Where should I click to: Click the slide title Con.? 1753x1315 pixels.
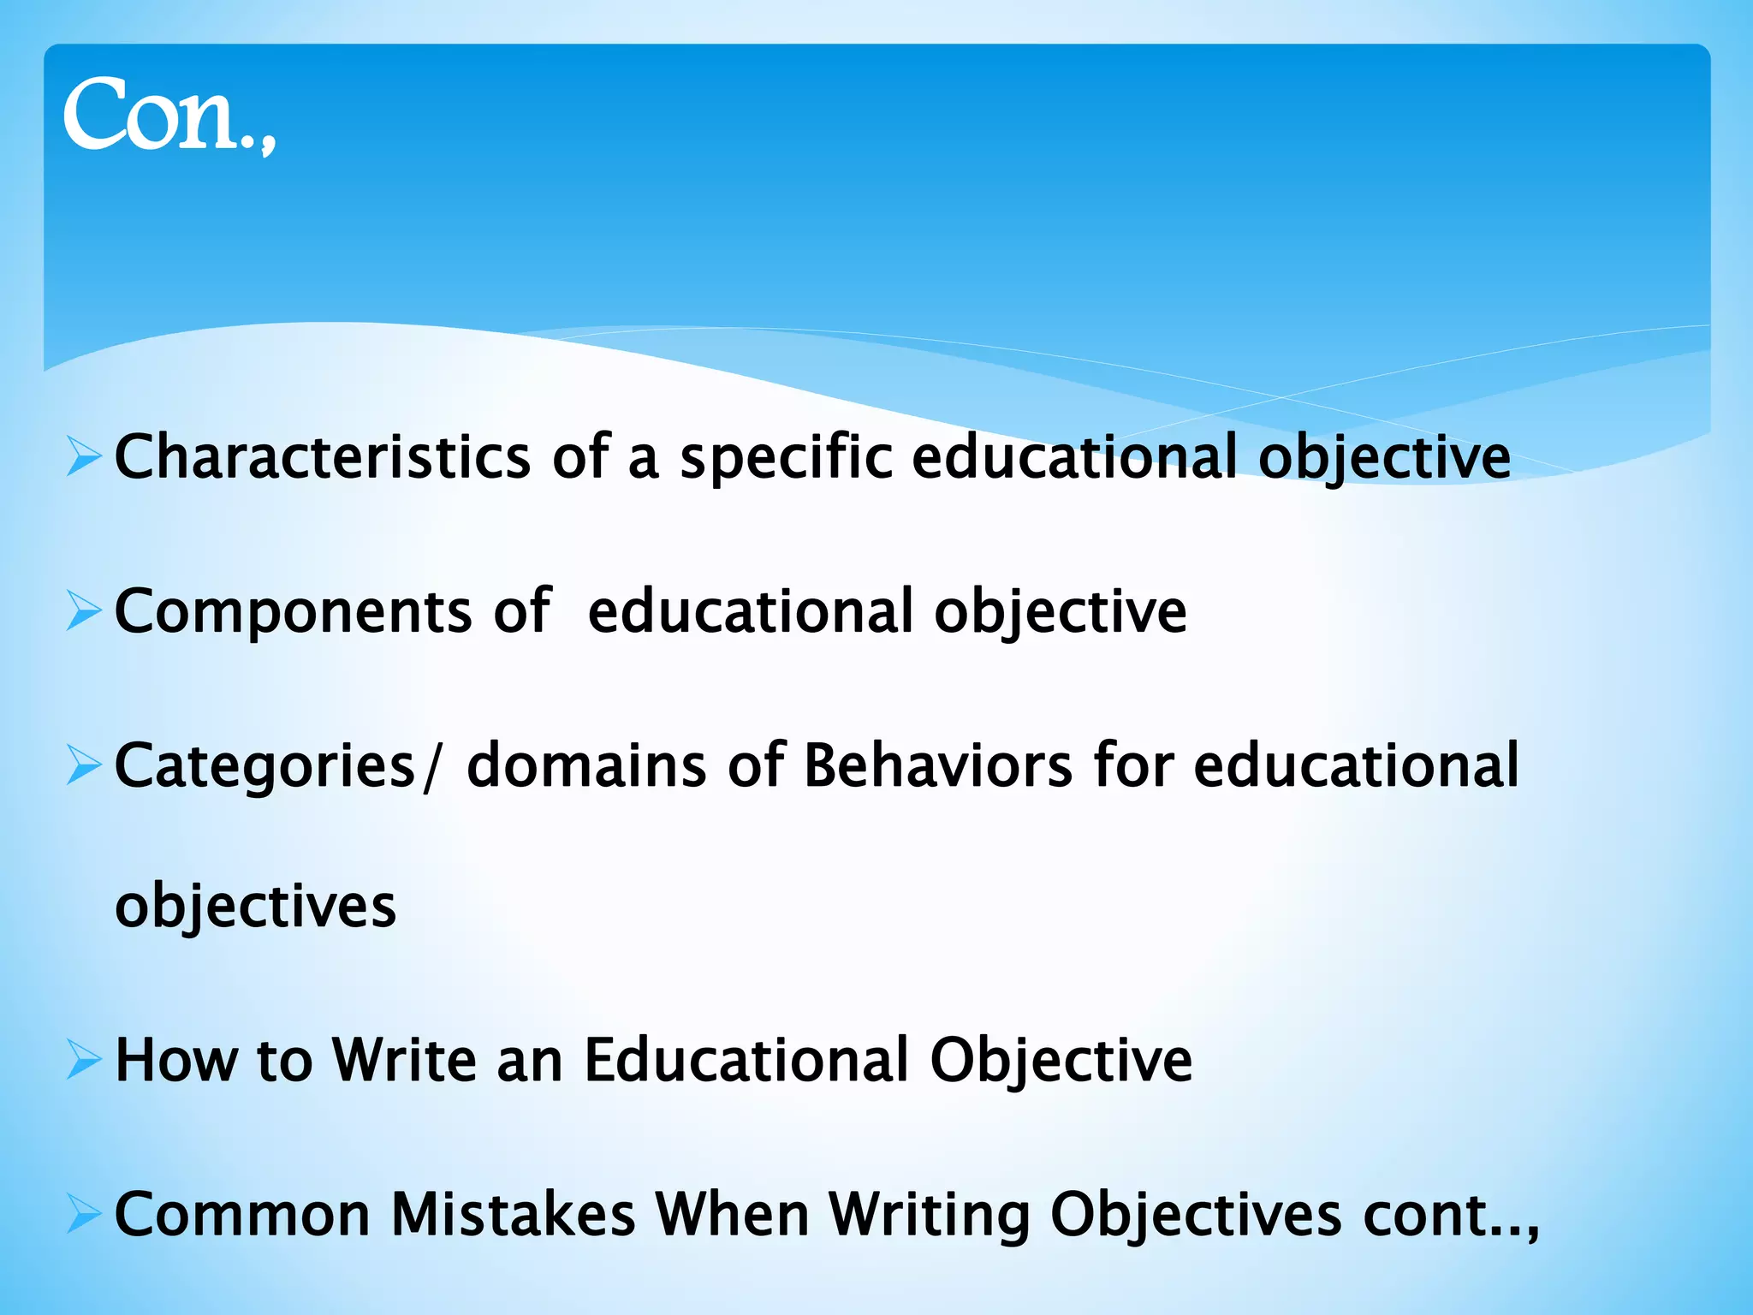point(169,116)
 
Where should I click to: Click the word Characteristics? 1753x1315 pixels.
point(322,457)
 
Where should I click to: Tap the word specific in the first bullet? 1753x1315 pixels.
point(786,457)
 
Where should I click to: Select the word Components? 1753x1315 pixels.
point(293,611)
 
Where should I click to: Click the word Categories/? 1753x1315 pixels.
point(279,765)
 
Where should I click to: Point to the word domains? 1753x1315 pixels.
point(586,765)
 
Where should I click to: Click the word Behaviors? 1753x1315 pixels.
point(937,765)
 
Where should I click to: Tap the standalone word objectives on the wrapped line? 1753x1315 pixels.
point(255,906)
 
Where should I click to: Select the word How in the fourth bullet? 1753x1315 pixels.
point(175,1060)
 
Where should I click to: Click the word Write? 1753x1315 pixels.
point(404,1060)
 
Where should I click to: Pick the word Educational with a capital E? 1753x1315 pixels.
point(746,1060)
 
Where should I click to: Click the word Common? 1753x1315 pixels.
point(241,1214)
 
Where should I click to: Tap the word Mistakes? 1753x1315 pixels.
point(513,1214)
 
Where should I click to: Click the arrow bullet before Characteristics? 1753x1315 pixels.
point(83,457)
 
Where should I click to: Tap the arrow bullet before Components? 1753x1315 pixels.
point(83,611)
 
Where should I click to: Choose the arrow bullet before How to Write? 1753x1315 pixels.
point(83,1060)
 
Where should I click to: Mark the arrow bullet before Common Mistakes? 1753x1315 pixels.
point(83,1214)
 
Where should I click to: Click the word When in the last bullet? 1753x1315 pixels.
point(732,1214)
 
